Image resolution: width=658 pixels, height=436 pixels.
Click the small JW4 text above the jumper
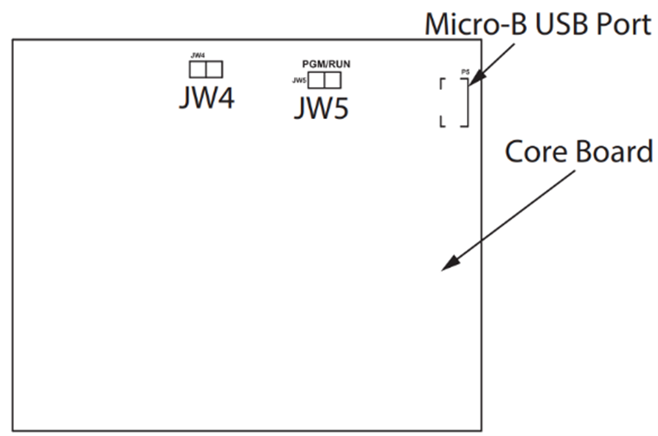(x=197, y=55)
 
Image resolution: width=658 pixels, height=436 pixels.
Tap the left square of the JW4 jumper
(x=198, y=69)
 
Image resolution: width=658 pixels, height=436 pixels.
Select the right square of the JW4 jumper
(x=213, y=69)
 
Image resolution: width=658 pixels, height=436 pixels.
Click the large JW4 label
(x=206, y=98)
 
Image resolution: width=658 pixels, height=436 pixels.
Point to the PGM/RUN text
(x=326, y=64)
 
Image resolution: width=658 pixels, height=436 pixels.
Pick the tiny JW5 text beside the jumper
(x=299, y=81)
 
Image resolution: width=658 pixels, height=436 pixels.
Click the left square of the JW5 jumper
(x=316, y=81)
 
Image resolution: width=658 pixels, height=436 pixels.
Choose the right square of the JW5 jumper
(x=332, y=81)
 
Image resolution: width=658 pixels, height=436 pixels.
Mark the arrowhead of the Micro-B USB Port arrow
(x=472, y=79)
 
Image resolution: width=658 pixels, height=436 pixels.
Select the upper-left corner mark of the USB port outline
(x=442, y=82)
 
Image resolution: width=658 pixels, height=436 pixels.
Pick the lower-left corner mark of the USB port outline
(x=442, y=122)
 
